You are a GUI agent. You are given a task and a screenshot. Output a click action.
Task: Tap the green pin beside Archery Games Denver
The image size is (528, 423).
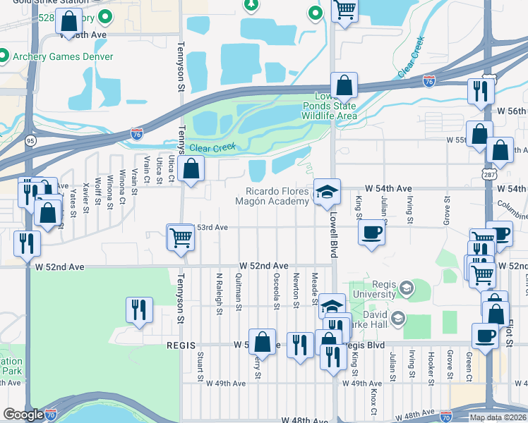coord(3,56)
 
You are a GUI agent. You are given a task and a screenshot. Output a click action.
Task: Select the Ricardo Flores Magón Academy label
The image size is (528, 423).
coord(277,196)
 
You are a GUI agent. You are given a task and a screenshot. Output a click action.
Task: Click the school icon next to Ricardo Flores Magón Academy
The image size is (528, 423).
coord(325,191)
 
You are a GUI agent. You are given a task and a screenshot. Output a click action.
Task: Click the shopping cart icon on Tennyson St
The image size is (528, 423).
coord(181,238)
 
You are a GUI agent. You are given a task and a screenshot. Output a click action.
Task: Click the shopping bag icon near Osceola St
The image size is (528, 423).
coord(262,342)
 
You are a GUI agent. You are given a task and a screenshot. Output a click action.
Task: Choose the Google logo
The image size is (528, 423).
coord(23,415)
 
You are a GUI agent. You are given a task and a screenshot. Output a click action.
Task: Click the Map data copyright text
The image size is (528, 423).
coord(498,417)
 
